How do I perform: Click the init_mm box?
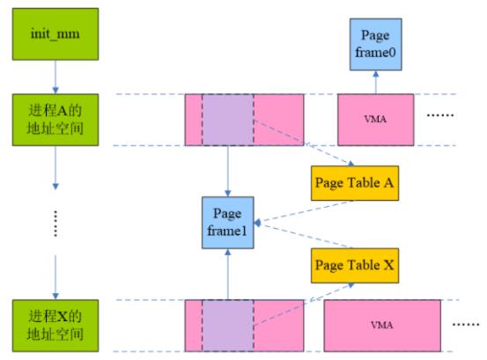click(55, 33)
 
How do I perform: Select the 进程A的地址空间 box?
click(55, 120)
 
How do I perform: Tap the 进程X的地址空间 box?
click(55, 326)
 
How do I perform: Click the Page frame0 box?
click(375, 44)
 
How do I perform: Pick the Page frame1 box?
click(228, 223)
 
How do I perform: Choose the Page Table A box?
click(355, 183)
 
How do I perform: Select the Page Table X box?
click(355, 265)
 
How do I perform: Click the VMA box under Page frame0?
click(375, 120)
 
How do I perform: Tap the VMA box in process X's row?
click(382, 326)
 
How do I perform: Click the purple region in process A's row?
click(228, 120)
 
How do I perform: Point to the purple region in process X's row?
click(228, 326)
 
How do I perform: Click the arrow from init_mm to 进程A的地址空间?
click(55, 77)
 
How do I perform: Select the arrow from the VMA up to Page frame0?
click(375, 82)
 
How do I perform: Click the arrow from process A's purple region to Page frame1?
click(228, 171)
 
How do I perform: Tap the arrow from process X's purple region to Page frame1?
click(228, 274)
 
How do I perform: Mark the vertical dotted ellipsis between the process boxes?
click(55, 224)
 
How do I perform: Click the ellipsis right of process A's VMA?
click(440, 115)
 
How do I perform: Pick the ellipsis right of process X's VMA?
click(466, 325)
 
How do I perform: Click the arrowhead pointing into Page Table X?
click(351, 285)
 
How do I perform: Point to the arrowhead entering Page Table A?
click(351, 164)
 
